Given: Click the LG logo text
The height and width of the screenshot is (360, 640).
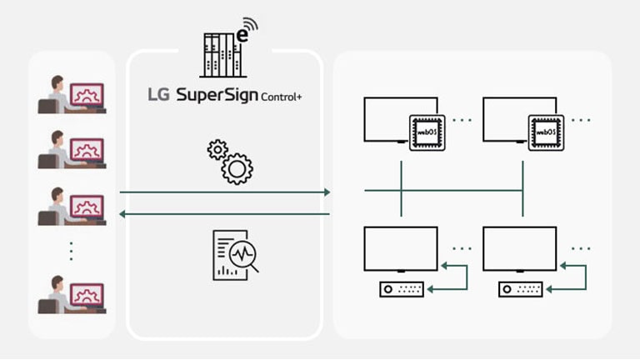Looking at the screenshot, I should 157,95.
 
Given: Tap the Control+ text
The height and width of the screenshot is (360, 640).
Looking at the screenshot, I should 282,97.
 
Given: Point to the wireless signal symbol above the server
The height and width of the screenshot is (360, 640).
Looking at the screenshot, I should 249,27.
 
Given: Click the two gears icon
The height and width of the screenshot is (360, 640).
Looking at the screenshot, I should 229,162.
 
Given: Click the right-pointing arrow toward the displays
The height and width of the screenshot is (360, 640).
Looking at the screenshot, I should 225,192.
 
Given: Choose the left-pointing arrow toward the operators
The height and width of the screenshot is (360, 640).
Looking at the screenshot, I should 225,214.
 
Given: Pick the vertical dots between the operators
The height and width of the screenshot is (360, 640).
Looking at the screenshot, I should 71,250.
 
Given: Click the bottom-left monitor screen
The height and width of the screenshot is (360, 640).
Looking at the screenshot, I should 401,248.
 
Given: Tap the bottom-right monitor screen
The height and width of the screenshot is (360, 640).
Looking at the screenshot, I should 519,248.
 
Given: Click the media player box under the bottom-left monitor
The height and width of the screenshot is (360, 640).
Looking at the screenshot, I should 402,290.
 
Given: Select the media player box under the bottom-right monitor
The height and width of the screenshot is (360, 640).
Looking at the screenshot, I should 521,290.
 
